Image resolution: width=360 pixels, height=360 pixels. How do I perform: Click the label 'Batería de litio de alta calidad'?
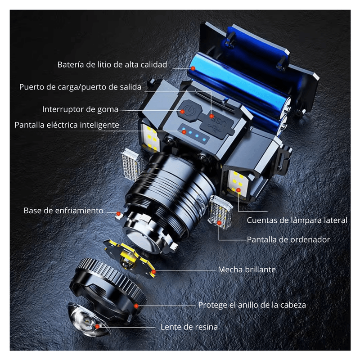tap(112, 65)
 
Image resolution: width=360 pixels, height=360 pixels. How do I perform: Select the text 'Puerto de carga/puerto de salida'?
tap(80, 87)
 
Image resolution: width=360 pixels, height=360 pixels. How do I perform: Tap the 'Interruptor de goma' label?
tap(80, 109)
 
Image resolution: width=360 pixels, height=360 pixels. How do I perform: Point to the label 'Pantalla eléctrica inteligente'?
tap(67, 125)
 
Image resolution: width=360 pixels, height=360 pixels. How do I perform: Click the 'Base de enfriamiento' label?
tap(63, 211)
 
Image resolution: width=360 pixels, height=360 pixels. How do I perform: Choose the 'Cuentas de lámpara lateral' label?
tap(297, 220)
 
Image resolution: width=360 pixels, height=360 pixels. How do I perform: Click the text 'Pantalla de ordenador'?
tap(288, 240)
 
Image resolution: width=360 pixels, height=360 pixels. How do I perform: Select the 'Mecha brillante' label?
tap(247, 270)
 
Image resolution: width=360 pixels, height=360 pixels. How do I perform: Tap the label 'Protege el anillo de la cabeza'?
tap(252, 305)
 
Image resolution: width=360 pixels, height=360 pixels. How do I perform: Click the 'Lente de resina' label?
tap(189, 327)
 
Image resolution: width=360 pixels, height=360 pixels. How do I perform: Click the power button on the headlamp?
tap(189, 110)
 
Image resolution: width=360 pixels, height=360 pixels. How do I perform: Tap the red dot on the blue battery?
tap(193, 68)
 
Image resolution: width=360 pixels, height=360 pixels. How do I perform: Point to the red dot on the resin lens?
tap(97, 326)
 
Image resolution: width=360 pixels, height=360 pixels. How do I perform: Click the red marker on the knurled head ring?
tap(136, 306)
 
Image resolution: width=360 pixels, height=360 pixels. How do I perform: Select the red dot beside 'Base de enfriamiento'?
tap(118, 214)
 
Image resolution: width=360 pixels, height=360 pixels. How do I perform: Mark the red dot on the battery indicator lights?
tap(184, 132)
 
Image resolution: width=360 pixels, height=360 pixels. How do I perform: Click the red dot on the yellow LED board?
tap(153, 272)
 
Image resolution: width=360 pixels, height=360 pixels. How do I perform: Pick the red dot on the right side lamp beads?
tap(238, 190)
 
